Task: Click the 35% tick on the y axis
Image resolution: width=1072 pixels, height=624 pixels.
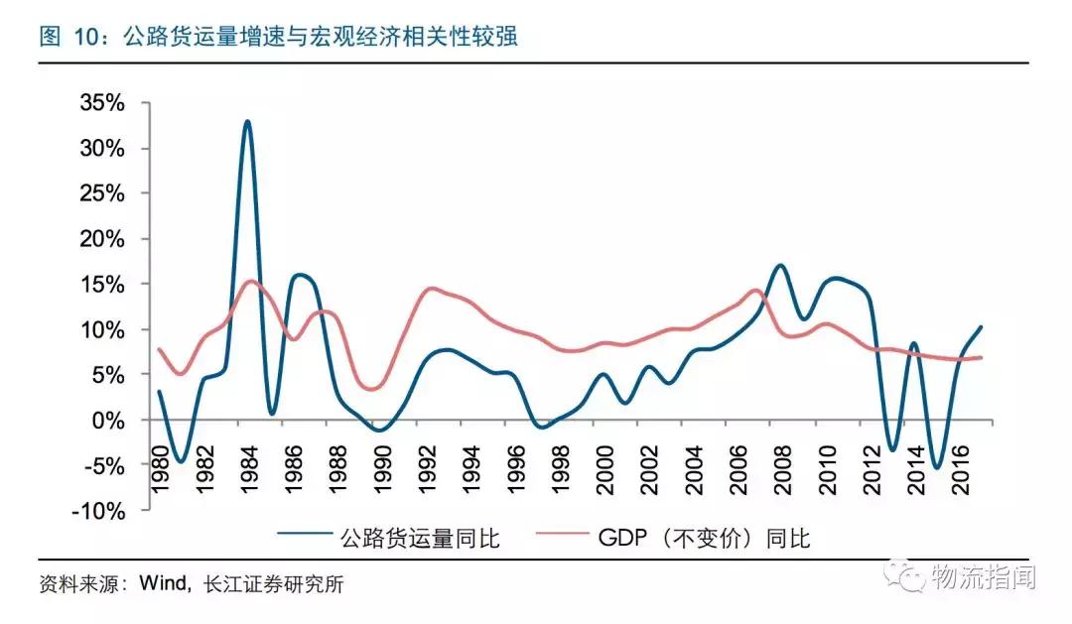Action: point(104,102)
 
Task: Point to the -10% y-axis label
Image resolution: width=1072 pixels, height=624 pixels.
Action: point(101,511)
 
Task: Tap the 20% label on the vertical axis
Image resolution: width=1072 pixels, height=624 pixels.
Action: point(104,239)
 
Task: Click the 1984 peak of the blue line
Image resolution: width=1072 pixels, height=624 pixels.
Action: point(247,122)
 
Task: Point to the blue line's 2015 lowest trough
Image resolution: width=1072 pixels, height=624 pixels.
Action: point(936,466)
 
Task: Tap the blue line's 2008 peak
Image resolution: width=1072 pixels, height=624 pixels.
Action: point(780,266)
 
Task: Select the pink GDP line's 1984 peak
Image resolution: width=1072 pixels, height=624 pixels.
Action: point(250,281)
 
